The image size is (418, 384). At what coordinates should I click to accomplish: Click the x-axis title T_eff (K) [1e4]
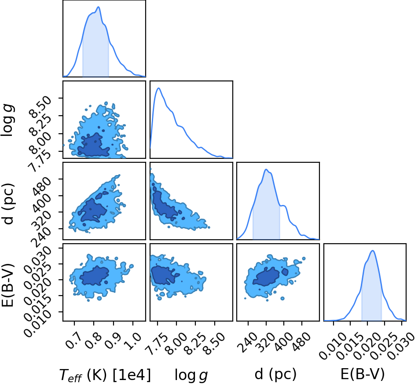(x=105, y=375)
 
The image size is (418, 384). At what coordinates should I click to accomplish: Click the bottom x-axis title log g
(x=191, y=375)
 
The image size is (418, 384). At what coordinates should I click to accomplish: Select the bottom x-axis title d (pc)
(x=275, y=374)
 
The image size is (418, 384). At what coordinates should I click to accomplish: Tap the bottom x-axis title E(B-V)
(x=363, y=374)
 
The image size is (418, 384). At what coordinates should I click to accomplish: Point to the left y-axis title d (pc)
(x=7, y=204)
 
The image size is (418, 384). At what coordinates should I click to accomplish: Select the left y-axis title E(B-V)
(x=7, y=285)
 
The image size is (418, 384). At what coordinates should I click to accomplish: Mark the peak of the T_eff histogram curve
(x=99, y=7)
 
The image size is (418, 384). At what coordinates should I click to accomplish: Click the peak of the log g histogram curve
(x=158, y=88)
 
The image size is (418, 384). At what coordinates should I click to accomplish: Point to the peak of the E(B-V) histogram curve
(x=373, y=250)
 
